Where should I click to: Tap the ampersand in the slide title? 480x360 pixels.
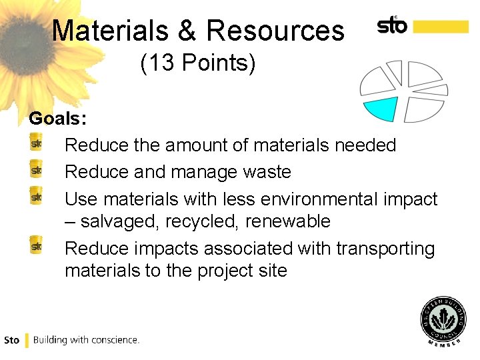click(x=192, y=31)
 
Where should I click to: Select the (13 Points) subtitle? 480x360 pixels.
click(x=197, y=64)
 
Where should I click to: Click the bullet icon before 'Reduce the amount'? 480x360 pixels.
click(x=37, y=143)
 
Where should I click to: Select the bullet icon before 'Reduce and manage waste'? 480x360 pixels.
click(x=37, y=171)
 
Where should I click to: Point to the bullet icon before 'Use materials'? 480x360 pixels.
click(x=37, y=197)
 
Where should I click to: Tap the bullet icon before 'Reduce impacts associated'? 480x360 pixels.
click(x=37, y=247)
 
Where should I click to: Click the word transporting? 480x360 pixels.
click(x=385, y=249)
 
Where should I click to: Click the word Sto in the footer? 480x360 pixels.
click(x=11, y=340)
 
